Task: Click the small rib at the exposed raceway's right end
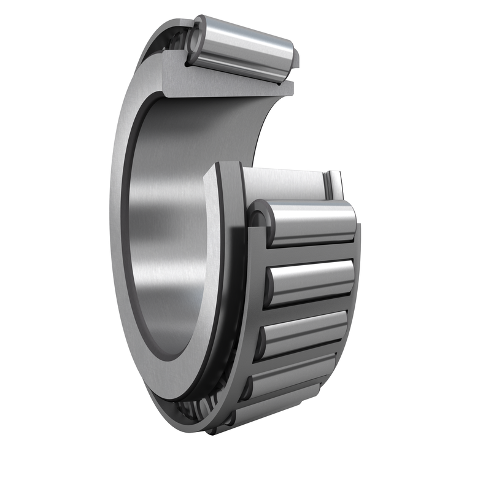tap(334, 184)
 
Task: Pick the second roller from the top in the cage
tap(310, 281)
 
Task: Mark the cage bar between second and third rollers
tap(307, 310)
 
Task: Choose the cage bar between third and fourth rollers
tap(298, 359)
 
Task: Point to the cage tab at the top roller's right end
tap(295, 58)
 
